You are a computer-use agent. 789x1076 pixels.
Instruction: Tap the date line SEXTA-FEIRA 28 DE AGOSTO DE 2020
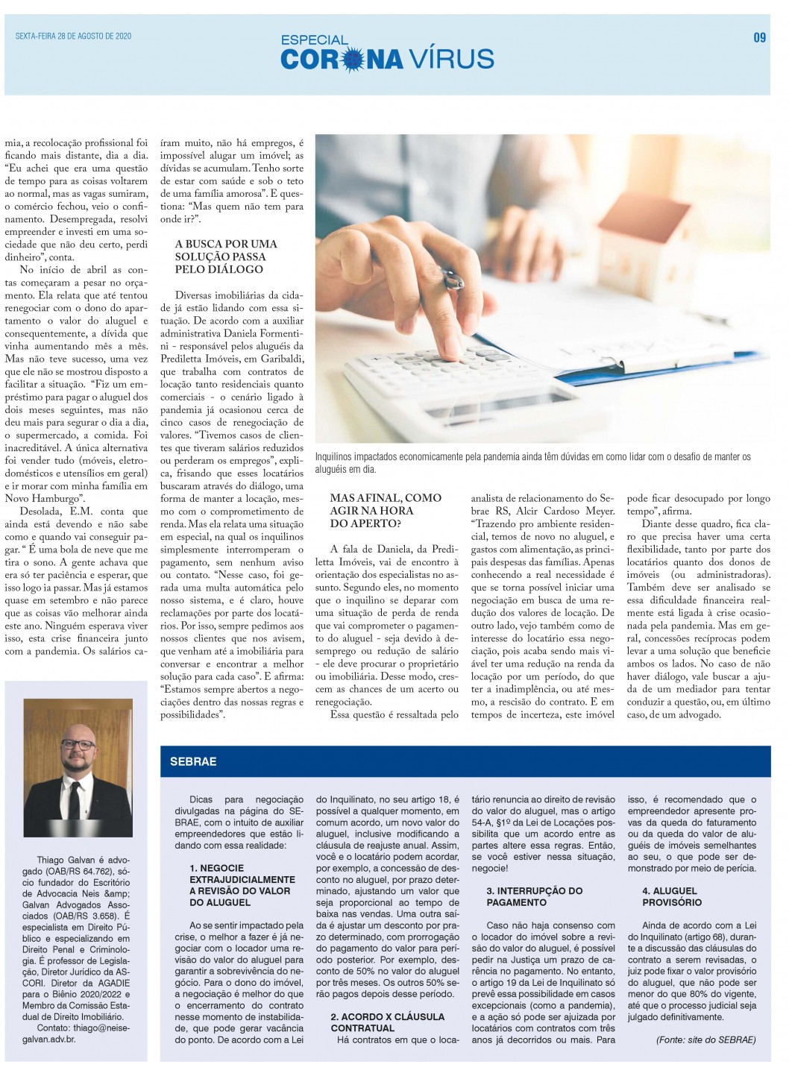click(73, 36)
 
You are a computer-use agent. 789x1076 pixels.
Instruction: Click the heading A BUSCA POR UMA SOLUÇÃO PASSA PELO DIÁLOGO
click(225, 257)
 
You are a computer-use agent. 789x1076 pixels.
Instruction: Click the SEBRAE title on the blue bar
click(193, 762)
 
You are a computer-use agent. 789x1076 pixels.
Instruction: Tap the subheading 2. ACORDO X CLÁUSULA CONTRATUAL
click(387, 1022)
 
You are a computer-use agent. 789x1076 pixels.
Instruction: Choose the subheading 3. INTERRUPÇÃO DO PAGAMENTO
click(534, 896)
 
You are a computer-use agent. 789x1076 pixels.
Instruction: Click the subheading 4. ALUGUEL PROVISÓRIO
click(671, 896)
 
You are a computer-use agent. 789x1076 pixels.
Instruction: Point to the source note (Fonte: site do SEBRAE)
click(705, 1039)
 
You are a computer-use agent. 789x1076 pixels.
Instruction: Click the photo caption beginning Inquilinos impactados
click(532, 462)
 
